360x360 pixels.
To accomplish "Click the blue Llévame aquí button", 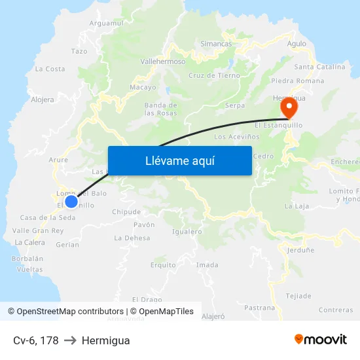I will coord(179,160).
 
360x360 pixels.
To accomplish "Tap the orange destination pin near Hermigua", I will coord(288,107).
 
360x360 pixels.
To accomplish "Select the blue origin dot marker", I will coord(71,201).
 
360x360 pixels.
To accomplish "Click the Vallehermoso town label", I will coord(163,62).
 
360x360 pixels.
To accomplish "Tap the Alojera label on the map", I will coord(43,100).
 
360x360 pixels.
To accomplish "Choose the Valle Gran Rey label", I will coord(38,230).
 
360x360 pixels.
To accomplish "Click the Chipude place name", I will coord(126,212).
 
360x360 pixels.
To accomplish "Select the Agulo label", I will coord(297,44).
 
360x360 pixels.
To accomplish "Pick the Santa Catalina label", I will coord(320,67).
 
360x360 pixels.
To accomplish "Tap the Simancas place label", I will coord(216,44).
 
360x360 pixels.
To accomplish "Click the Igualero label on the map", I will coord(187,232).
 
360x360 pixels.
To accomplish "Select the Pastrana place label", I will coord(259,307).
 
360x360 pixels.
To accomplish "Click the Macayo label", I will coord(143,87).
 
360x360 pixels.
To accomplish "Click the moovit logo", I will coord(321,339).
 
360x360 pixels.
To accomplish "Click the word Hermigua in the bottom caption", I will coord(105,340).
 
